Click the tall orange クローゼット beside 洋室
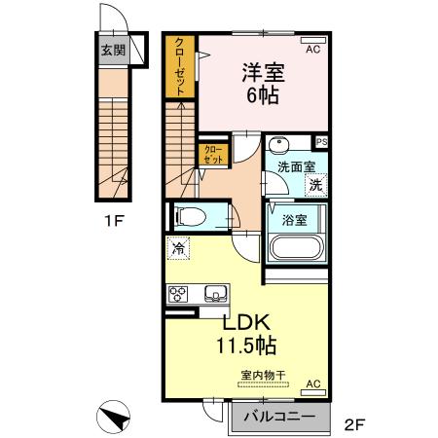click(181, 65)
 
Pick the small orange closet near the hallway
click(211, 154)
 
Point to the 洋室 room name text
click(261, 71)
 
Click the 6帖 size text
click(261, 96)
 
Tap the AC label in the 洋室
click(313, 48)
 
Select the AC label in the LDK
click(313, 384)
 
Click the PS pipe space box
click(321, 142)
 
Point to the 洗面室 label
click(295, 166)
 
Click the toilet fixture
click(192, 216)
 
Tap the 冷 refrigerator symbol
click(178, 249)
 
